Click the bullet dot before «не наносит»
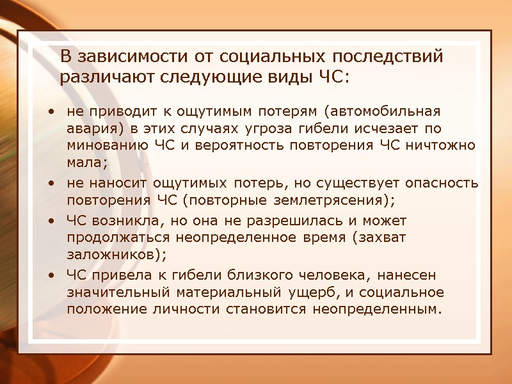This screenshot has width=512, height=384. tap(51, 184)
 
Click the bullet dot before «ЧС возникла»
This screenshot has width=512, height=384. tap(51, 221)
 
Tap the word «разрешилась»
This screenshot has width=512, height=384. tap(296, 221)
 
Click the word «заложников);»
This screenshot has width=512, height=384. tap(116, 254)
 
